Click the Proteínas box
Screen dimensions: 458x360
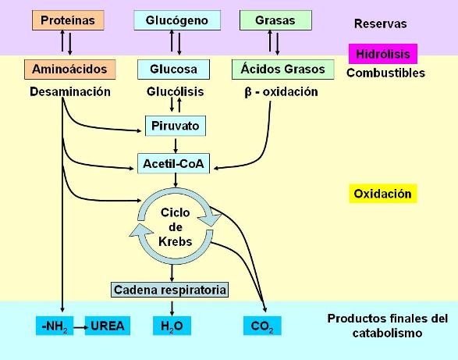(x=68, y=20)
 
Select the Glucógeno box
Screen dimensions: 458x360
(x=177, y=20)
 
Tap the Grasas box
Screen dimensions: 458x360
(x=275, y=20)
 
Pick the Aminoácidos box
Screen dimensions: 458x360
(x=69, y=70)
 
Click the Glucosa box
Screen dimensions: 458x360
(x=173, y=70)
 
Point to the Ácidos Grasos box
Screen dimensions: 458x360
(x=282, y=70)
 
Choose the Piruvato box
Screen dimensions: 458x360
(x=176, y=126)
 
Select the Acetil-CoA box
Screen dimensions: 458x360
(x=173, y=163)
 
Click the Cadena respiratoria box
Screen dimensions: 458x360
(x=170, y=290)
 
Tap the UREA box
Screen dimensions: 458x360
(x=108, y=326)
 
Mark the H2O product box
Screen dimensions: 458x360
(x=172, y=326)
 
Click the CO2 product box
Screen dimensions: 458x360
(x=262, y=326)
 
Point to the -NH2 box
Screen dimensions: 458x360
(x=55, y=326)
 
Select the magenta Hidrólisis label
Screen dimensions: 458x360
(x=383, y=54)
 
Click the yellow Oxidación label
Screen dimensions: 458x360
(x=383, y=194)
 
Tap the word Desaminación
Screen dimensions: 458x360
(x=70, y=92)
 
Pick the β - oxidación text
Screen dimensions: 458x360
(x=281, y=92)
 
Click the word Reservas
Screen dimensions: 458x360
(x=380, y=23)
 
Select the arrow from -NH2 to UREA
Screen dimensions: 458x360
(x=81, y=327)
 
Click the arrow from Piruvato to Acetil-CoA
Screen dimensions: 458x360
(x=176, y=145)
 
